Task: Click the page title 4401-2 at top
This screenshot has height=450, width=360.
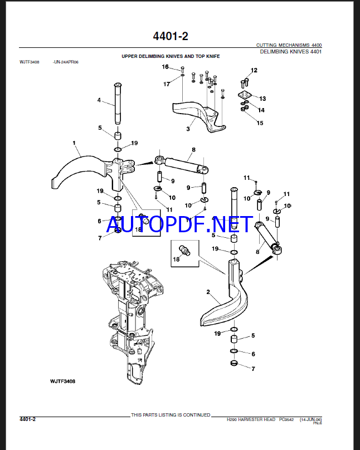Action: pyautogui.click(x=171, y=36)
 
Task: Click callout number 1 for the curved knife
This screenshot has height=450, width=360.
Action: pyautogui.click(x=74, y=143)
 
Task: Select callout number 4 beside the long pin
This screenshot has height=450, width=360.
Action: pyautogui.click(x=99, y=100)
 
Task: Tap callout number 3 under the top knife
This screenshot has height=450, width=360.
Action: pyautogui.click(x=188, y=129)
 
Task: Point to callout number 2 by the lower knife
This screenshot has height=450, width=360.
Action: pyautogui.click(x=208, y=292)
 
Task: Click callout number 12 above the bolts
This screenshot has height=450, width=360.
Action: pyautogui.click(x=254, y=70)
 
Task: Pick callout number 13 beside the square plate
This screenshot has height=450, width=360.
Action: pyautogui.click(x=262, y=99)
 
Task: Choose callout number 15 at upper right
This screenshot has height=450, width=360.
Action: pyautogui.click(x=260, y=123)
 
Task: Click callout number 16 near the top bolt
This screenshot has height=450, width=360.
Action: pyautogui.click(x=166, y=67)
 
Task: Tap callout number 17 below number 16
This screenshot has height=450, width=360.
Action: pyautogui.click(x=167, y=84)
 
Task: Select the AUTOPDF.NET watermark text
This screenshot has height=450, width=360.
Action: pyautogui.click(x=179, y=224)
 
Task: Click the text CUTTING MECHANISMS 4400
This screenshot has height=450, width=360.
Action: pyautogui.click(x=289, y=45)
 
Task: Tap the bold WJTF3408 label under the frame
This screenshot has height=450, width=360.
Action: pyautogui.click(x=62, y=381)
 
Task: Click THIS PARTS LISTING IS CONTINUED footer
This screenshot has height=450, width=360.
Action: pyautogui.click(x=171, y=415)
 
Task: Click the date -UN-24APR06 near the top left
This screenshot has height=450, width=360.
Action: pyautogui.click(x=66, y=62)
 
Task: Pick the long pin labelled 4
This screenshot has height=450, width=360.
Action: pyautogui.click(x=119, y=104)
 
